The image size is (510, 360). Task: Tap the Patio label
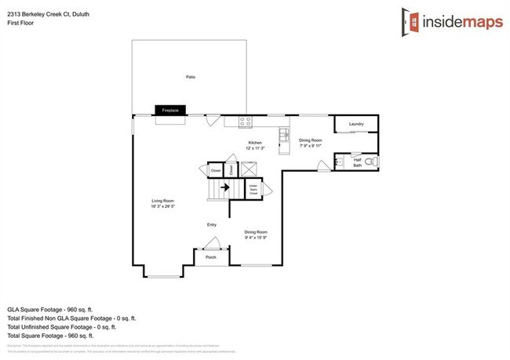(190, 77)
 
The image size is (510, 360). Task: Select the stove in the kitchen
(246, 122)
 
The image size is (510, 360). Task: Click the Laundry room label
(356, 124)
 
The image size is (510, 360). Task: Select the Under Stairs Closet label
(253, 188)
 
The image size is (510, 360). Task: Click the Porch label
(210, 256)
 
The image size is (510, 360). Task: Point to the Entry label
(211, 225)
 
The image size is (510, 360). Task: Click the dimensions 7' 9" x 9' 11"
(311, 146)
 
